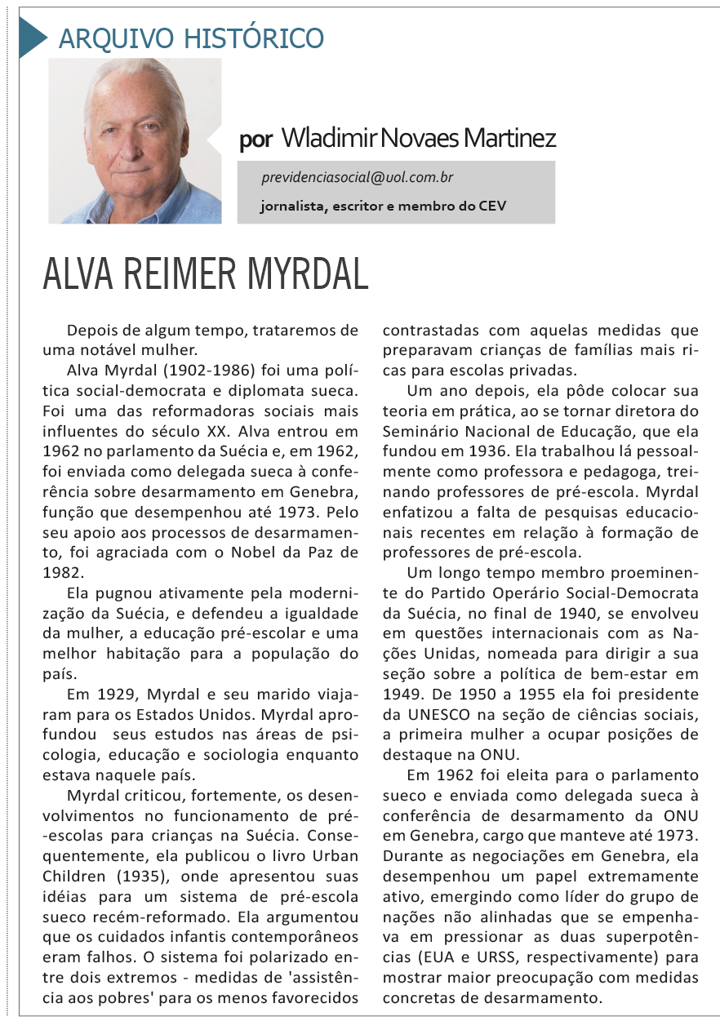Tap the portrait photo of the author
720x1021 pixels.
coord(135,140)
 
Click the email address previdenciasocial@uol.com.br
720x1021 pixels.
coord(358,177)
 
